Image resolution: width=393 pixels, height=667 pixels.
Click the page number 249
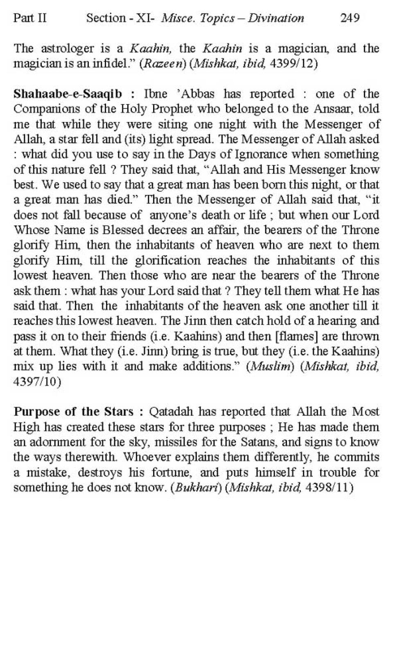350,18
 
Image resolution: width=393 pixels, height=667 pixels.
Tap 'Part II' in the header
30,18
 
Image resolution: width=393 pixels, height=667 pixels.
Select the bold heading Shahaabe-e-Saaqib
68,94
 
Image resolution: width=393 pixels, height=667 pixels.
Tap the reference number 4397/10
37,382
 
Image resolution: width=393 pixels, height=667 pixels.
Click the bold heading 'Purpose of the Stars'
73,412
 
